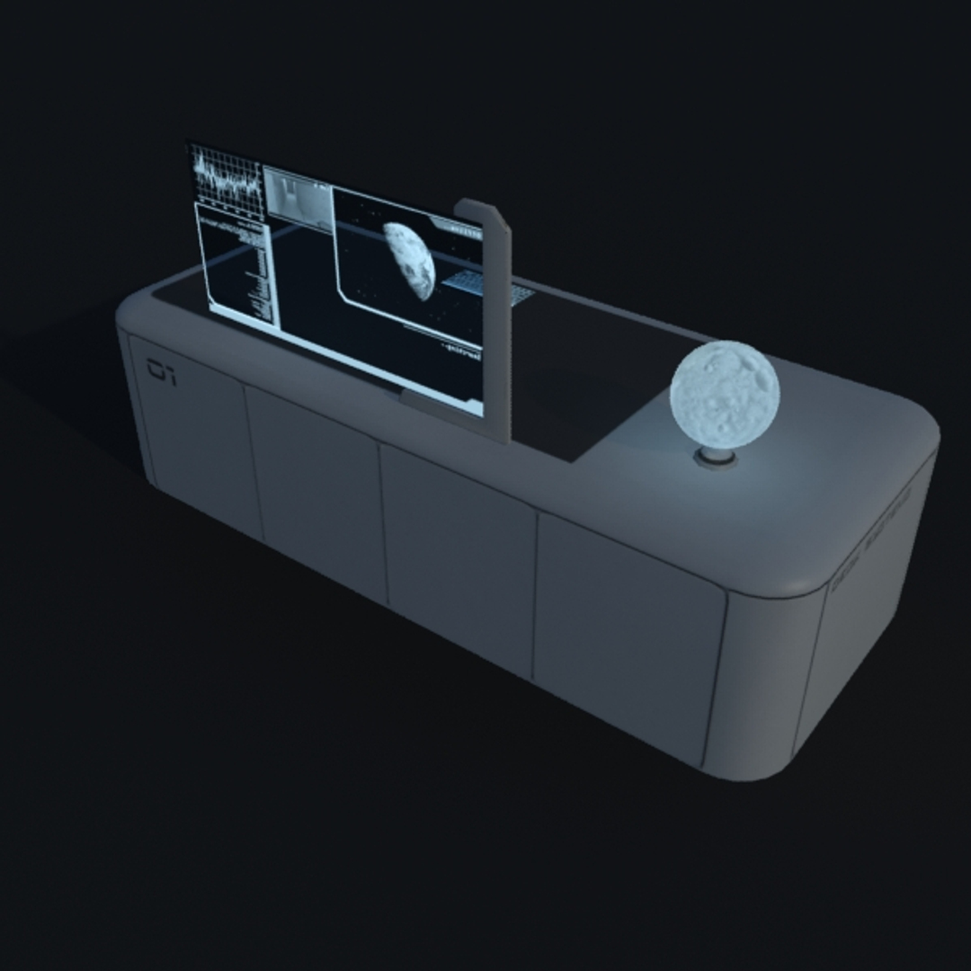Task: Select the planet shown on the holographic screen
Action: coord(410,260)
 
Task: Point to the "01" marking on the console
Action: coord(162,371)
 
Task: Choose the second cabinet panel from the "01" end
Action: coord(315,490)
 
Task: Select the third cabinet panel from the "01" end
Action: coord(459,557)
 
